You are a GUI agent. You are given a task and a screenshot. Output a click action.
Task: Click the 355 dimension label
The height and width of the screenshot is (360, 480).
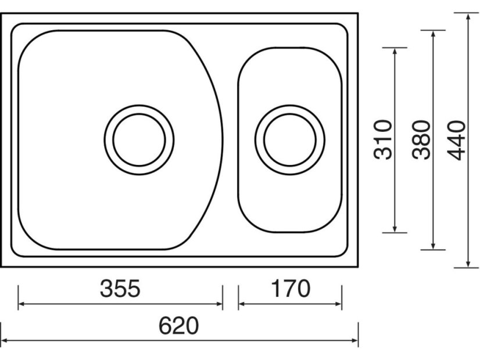click(x=120, y=289)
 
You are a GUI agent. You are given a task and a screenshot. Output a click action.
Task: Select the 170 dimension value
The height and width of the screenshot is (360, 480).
click(x=291, y=289)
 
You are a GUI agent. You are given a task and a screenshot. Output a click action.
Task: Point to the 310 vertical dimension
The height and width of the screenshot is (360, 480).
click(x=382, y=140)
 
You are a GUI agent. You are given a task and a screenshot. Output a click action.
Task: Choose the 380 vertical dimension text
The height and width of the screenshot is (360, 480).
click(x=421, y=140)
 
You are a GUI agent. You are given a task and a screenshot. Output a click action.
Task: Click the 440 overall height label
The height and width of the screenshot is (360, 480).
click(x=456, y=141)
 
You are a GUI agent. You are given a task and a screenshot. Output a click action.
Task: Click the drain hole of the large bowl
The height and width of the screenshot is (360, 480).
click(x=139, y=140)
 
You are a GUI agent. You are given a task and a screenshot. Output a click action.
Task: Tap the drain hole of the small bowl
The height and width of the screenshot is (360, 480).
click(x=289, y=140)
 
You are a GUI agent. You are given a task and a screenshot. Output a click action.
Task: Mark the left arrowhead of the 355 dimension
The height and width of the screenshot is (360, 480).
click(x=22, y=304)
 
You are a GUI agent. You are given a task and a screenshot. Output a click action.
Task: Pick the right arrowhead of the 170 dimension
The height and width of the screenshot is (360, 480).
click(x=338, y=304)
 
